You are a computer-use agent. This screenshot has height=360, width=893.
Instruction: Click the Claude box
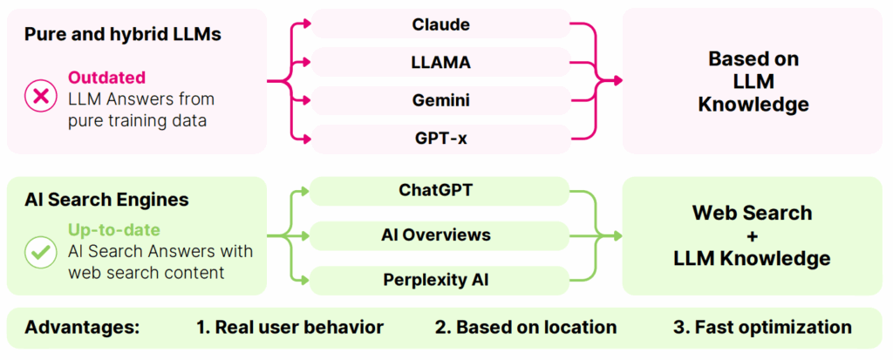pos(441,24)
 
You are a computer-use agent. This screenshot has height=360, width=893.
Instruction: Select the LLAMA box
pos(441,63)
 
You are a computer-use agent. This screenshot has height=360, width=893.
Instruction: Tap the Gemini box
pos(441,100)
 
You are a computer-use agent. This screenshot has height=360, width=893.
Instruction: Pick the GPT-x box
pos(441,139)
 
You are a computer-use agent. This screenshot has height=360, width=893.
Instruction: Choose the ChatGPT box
pos(440,190)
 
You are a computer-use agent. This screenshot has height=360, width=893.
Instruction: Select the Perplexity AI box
pos(440,280)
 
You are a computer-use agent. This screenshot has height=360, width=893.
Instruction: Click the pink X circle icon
pos(40,96)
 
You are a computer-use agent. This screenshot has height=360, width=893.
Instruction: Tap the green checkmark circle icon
pos(40,252)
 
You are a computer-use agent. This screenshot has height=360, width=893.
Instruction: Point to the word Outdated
pos(106,78)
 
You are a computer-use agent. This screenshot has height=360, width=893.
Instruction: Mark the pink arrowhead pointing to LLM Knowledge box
pos(618,81)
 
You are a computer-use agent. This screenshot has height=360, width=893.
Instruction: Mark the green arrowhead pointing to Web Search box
pos(618,235)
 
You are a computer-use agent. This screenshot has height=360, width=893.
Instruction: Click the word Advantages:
pos(83,328)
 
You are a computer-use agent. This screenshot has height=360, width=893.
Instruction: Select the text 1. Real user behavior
pos(290,328)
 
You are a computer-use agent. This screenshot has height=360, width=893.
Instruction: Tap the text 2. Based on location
pos(526,328)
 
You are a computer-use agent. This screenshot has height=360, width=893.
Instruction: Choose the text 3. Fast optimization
pos(762,328)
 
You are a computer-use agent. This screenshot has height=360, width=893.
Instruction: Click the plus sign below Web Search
pos(752,235)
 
